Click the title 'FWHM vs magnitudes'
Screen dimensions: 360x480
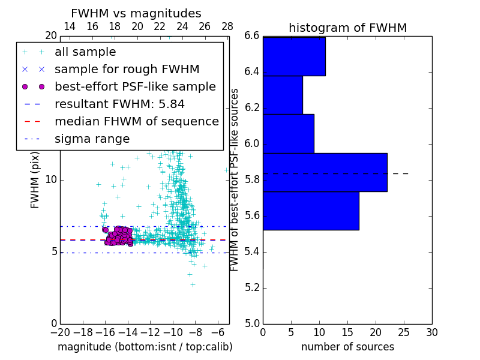pos(136,14)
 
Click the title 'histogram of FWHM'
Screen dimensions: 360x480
pos(347,28)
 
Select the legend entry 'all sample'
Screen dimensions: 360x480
pos(85,52)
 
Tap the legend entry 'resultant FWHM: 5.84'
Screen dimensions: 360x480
pos(119,104)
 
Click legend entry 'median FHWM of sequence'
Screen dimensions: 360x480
pos(136,122)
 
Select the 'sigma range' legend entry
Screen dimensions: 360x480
pos(92,139)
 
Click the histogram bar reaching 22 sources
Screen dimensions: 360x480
pos(325,172)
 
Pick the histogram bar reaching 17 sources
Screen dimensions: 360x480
pos(311,211)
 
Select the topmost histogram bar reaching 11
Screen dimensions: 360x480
pos(294,56)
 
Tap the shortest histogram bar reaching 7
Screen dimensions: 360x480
pos(283,95)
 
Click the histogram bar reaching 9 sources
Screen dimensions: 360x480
pos(288,133)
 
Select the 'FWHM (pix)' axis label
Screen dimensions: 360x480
pos(35,180)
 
